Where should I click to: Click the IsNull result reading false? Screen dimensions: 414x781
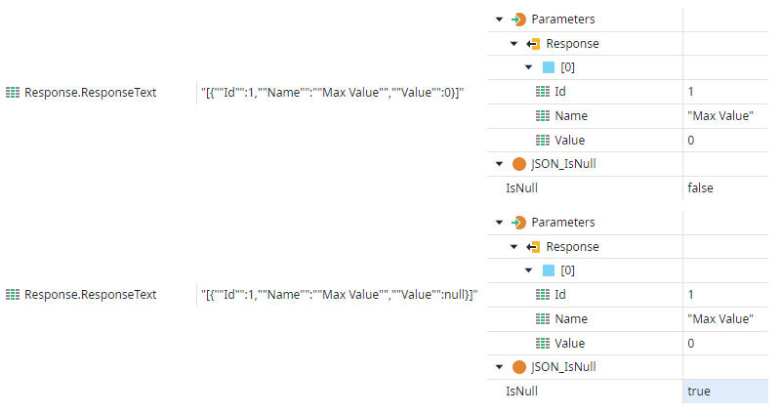700,188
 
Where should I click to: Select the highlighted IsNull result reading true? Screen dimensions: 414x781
698,392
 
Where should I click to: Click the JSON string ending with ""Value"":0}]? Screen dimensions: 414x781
332,92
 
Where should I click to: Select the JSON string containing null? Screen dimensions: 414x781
339,295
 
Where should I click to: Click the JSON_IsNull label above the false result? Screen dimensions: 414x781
563,164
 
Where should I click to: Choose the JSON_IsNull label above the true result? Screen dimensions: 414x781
563,367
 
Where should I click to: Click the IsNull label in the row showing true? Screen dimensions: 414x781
521,392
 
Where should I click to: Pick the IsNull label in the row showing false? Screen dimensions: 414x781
521,188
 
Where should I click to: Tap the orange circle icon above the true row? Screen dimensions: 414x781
519,367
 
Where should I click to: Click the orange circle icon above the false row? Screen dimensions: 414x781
519,164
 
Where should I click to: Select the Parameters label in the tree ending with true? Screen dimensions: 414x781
563,223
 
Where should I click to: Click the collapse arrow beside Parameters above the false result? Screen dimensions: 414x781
500,20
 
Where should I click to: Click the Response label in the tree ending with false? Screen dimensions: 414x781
572,44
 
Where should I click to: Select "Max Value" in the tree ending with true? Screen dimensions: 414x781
720,319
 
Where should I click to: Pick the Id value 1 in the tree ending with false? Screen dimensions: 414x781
691,92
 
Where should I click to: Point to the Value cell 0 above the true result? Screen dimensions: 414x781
691,344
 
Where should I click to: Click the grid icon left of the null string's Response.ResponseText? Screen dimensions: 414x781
13,295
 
